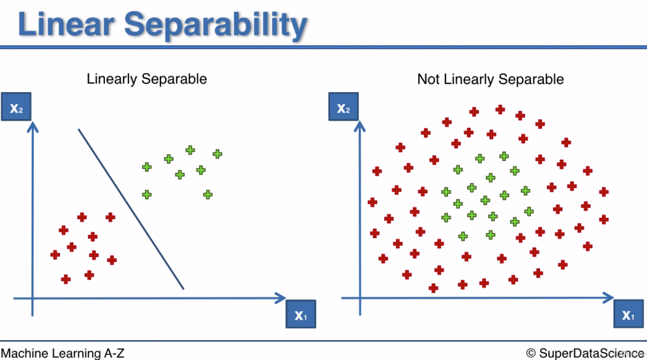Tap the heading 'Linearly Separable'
click(x=147, y=80)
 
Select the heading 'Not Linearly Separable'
click(x=490, y=80)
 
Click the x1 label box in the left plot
click(x=300, y=314)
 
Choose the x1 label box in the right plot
click(x=627, y=314)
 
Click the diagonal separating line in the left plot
click(x=131, y=208)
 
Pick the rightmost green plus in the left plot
click(x=217, y=153)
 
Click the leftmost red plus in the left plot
click(x=55, y=255)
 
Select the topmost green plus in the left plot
click(x=190, y=150)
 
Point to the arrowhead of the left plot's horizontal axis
click(x=281, y=297)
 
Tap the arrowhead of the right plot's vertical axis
click(x=360, y=129)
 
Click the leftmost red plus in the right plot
click(x=372, y=202)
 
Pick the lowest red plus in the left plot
click(x=66, y=279)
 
